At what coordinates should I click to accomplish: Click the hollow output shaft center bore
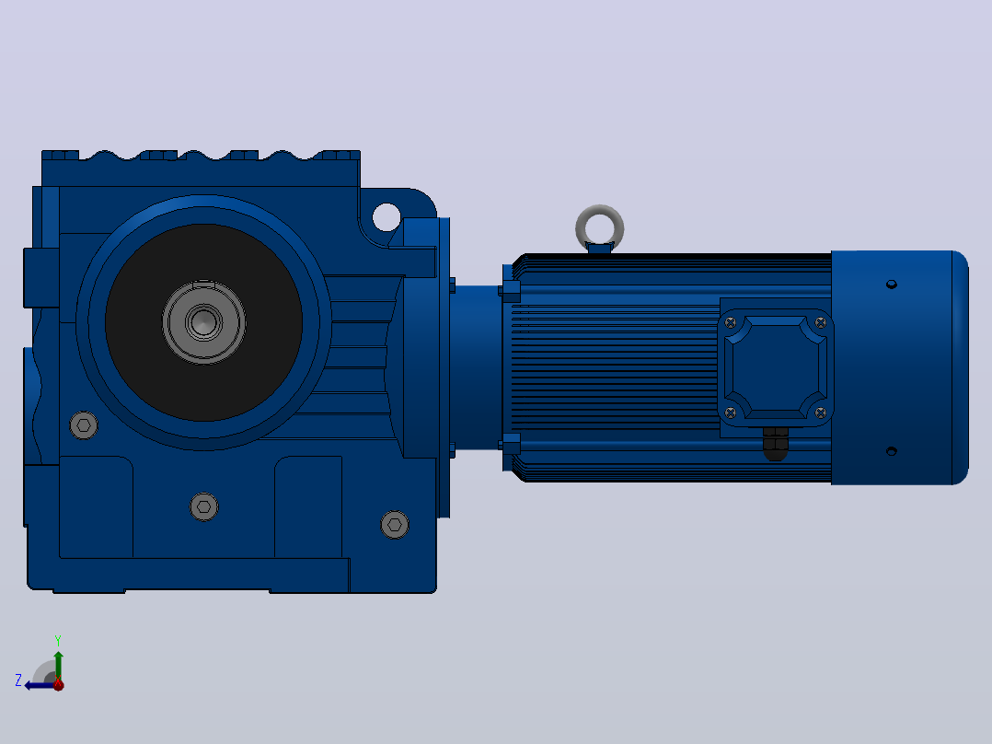tap(203, 322)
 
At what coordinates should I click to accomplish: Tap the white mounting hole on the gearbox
tap(386, 217)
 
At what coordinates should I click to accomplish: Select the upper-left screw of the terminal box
tap(731, 323)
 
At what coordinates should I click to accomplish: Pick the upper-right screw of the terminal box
tap(821, 323)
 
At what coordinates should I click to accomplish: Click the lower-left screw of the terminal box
tap(731, 413)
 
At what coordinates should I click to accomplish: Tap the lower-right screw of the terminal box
tap(821, 413)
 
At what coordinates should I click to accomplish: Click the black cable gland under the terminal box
tap(776, 443)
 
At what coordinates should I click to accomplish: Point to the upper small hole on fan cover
tap(892, 285)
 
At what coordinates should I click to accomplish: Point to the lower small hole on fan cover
tap(892, 451)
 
